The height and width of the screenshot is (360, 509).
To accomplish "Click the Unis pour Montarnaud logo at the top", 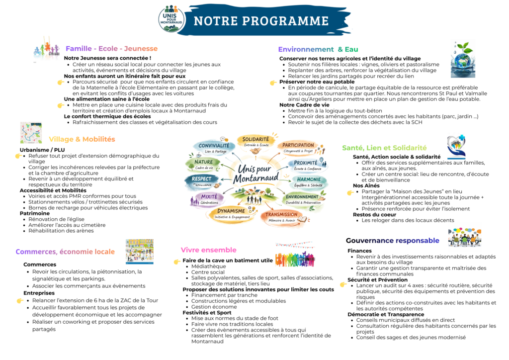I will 172,19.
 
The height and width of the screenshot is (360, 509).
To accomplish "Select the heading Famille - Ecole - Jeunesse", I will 111,49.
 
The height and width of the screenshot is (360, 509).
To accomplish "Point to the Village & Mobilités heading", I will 82,139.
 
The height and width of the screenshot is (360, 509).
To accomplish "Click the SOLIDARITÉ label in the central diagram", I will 256,141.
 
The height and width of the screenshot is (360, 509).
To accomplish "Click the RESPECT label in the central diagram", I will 202,180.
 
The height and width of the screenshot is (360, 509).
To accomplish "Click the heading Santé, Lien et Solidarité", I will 384,148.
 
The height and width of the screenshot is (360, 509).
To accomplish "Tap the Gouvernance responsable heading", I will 392,241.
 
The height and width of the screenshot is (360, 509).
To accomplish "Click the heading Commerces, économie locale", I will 65,252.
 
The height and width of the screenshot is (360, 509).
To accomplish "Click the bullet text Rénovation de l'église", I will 57,219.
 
